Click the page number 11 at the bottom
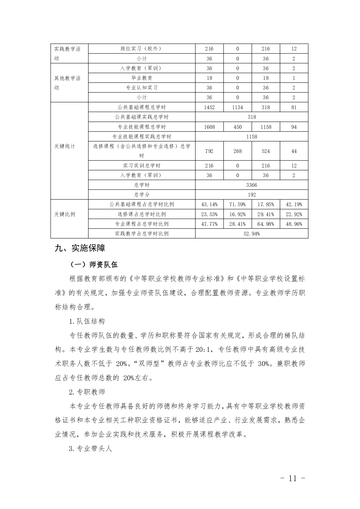point(292,478)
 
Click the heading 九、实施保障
point(80,248)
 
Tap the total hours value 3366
point(251,185)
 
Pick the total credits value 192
point(251,195)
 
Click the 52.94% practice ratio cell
point(251,234)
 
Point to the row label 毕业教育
point(141,78)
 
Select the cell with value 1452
point(209,107)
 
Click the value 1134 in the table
point(238,107)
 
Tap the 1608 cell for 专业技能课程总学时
point(209,127)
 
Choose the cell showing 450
point(238,127)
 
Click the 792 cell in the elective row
point(209,151)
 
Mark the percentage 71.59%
point(238,205)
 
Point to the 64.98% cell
point(266,224)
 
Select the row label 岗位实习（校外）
point(141,49)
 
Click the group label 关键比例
point(65,214)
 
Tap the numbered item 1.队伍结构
point(87,321)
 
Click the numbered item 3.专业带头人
point(90,449)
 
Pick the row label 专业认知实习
point(141,88)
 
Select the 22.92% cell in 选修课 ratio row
point(294,214)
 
